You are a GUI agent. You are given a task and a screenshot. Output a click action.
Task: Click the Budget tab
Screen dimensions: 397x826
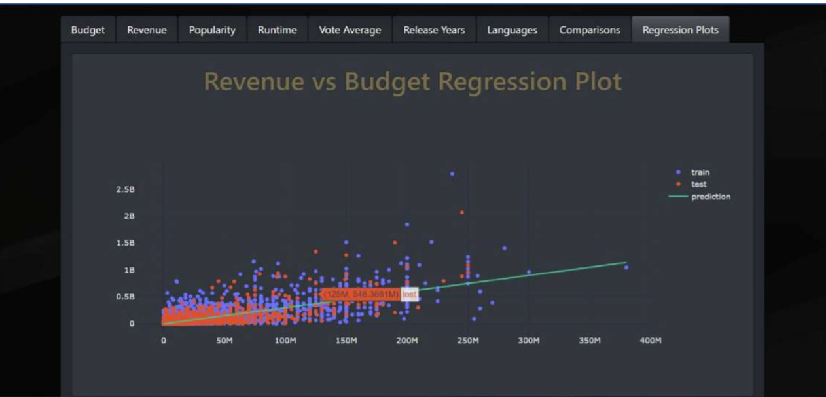tap(87, 30)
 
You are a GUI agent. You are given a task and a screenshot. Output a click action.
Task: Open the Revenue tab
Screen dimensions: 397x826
tap(147, 30)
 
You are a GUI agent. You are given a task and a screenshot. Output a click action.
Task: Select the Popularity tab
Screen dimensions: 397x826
tap(212, 30)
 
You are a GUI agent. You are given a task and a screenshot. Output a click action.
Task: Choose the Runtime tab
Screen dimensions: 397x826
tap(277, 30)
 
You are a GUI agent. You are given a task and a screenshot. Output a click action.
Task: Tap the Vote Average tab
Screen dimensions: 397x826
tap(350, 30)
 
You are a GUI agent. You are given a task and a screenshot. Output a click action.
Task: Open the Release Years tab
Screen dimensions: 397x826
tap(434, 30)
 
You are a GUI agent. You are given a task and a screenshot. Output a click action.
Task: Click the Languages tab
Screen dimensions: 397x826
tap(512, 30)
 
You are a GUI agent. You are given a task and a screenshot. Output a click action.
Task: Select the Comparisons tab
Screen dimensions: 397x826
tap(590, 30)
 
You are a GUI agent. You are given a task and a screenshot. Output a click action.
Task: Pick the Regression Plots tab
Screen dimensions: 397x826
tap(680, 30)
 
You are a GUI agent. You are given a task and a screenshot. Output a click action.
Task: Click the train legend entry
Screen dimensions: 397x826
tap(700, 172)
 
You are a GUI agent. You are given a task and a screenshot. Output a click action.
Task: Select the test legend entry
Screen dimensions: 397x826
tap(698, 184)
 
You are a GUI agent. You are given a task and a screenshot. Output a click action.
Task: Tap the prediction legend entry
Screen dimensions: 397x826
tap(710, 197)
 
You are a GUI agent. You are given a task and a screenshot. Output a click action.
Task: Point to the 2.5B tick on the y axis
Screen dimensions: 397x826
tap(125, 189)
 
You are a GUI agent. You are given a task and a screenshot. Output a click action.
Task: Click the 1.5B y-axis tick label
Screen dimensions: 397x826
tap(125, 243)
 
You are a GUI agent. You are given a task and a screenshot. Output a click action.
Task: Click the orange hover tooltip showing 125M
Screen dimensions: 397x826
tap(361, 295)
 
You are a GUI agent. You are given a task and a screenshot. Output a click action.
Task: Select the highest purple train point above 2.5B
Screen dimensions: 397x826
tap(452, 174)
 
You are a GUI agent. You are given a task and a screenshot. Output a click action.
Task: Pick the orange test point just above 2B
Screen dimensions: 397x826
tap(461, 212)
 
